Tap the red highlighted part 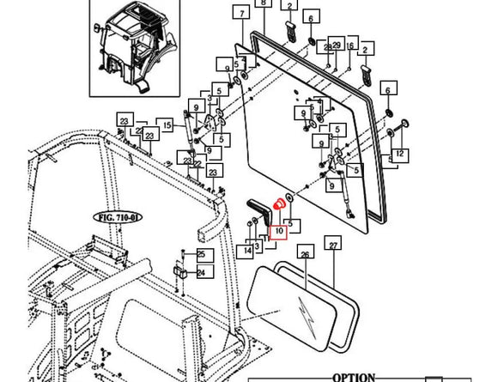click(278, 205)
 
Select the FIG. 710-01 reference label click(122, 218)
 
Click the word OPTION click(353, 377)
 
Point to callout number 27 click(332, 246)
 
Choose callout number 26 click(304, 254)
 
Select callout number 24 click(201, 273)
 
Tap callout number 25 click(201, 254)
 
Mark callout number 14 click(248, 251)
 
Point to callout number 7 click(242, 15)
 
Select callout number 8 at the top click(264, 4)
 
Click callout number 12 click(399, 154)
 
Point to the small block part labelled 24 click(182, 272)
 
